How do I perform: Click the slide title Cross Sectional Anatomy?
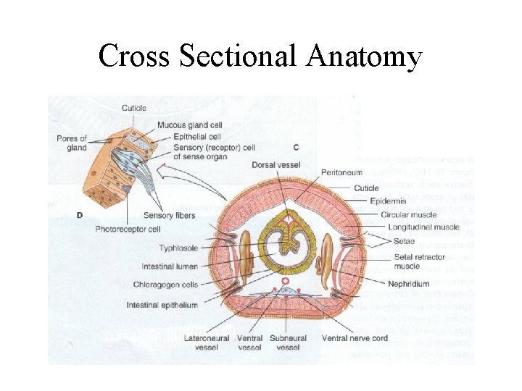(260, 56)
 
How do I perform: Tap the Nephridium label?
(408, 283)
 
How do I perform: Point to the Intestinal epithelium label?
(162, 305)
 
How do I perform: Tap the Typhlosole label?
(178, 248)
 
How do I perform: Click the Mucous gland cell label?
(190, 125)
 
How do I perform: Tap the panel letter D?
(79, 215)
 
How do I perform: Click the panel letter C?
(297, 148)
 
